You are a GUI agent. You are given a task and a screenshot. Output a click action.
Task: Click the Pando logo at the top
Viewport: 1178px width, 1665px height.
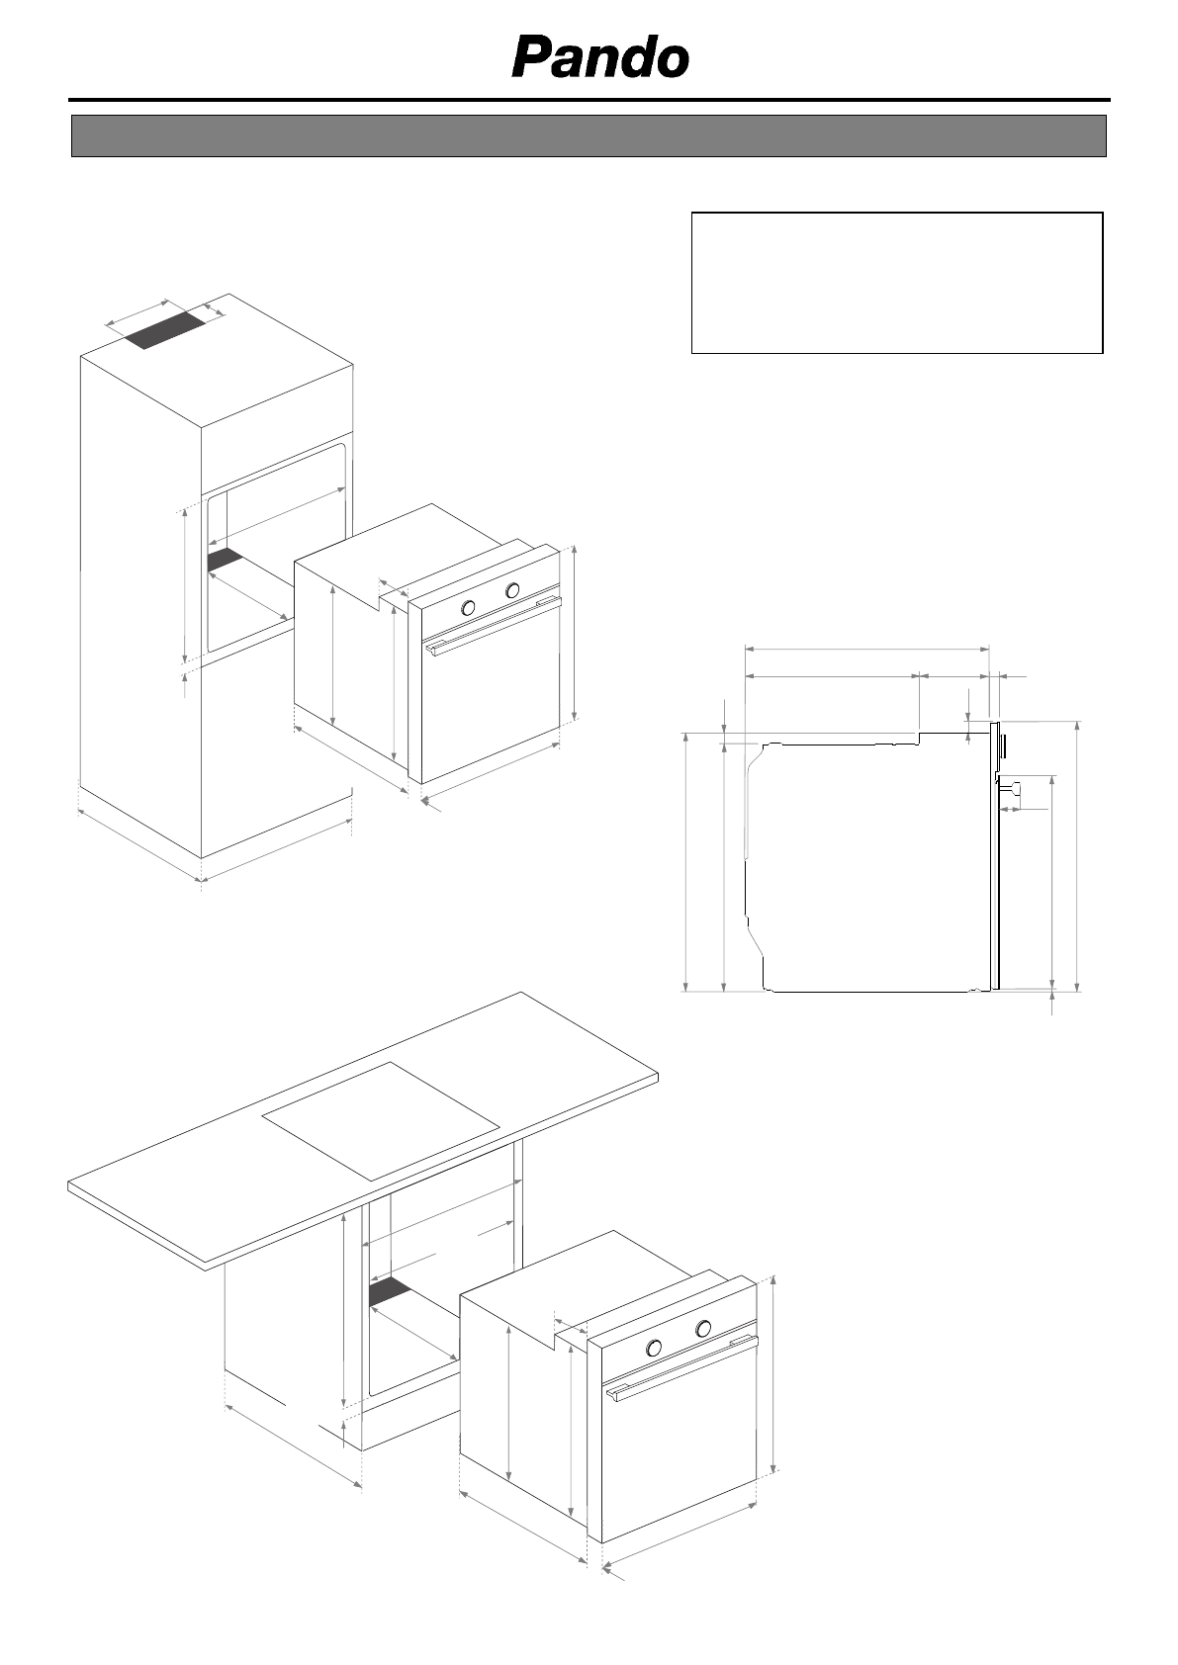pyautogui.click(x=599, y=59)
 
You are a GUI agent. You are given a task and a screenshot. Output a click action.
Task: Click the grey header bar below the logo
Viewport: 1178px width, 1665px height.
pyautogui.click(x=588, y=135)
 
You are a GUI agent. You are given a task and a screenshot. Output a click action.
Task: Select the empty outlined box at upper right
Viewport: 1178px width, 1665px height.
pyautogui.click(x=896, y=282)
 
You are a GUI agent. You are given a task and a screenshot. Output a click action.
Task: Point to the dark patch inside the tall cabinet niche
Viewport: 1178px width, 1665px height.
pyautogui.click(x=225, y=560)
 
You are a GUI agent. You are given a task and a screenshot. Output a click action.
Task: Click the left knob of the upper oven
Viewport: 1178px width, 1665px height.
pyautogui.click(x=469, y=607)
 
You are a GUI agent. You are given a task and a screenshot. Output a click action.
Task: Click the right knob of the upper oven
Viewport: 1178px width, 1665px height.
pyautogui.click(x=512, y=591)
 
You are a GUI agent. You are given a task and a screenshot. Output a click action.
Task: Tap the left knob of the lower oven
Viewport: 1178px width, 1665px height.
pyautogui.click(x=654, y=1348)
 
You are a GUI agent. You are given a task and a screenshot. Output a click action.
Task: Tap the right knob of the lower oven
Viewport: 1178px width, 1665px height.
pyautogui.click(x=703, y=1329)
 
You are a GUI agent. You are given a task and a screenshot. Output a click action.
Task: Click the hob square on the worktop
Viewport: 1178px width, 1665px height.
pyautogui.click(x=381, y=1121)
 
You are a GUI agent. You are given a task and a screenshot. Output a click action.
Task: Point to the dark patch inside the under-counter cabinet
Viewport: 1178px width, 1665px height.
pyautogui.click(x=389, y=1291)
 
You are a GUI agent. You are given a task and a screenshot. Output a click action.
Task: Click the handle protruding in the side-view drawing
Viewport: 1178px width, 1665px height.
pyautogui.click(x=1013, y=788)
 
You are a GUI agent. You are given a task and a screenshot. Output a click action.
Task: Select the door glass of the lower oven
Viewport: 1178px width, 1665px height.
pyautogui.click(x=682, y=1453)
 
